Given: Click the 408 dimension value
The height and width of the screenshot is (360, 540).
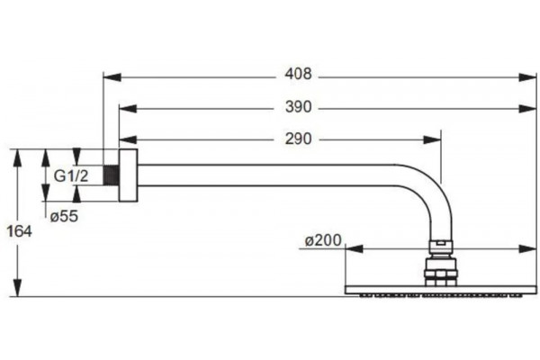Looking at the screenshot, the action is [x=298, y=74].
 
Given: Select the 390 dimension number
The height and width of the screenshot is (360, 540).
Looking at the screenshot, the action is [x=298, y=107].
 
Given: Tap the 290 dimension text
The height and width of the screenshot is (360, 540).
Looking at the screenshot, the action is [x=298, y=139].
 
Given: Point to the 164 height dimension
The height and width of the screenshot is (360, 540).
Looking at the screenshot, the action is [x=20, y=231].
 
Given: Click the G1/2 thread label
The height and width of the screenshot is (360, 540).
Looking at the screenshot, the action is [x=71, y=176].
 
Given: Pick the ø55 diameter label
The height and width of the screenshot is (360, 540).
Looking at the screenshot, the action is [x=64, y=216].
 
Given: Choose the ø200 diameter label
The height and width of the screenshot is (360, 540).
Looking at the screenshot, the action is [x=323, y=240].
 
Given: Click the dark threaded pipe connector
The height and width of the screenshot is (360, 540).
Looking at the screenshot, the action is [x=111, y=175].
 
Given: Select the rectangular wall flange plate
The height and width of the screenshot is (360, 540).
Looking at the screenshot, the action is [x=128, y=175].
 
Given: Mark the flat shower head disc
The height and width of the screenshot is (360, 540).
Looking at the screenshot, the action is [x=440, y=290].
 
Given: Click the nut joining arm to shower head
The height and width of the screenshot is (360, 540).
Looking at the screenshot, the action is [x=441, y=247].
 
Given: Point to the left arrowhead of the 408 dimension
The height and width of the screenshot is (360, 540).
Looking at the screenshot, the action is [x=112, y=77].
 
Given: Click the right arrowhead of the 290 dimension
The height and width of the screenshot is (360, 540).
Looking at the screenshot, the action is [x=432, y=139].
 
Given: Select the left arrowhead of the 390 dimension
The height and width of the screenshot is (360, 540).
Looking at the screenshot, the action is [x=128, y=109].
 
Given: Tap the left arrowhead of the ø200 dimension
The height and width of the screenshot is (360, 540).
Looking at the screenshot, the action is [x=354, y=248].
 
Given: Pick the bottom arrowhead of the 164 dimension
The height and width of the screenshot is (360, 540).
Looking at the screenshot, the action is [x=17, y=288].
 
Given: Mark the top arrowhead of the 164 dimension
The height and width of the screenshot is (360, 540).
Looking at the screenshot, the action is [x=17, y=158].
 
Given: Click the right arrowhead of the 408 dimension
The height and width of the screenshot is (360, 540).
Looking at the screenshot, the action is [x=528, y=77].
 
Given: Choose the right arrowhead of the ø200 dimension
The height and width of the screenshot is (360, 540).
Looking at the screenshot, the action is [x=528, y=248].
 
